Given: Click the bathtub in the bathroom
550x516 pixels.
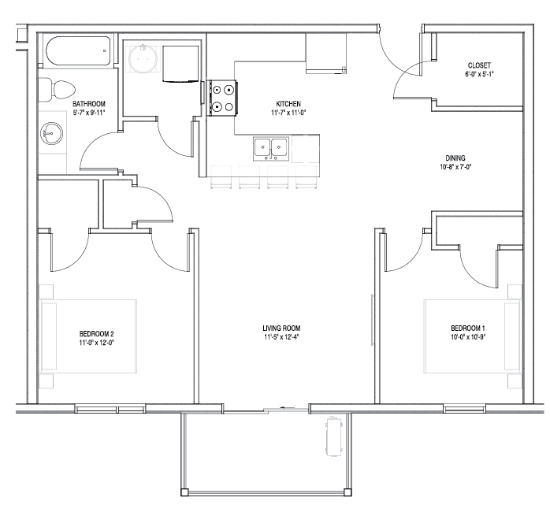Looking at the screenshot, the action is [x=78, y=51].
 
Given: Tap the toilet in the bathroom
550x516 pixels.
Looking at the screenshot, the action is [x=57, y=90].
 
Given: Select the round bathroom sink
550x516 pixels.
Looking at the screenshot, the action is [x=51, y=133].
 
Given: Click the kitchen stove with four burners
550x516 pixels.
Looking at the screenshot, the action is [x=223, y=98].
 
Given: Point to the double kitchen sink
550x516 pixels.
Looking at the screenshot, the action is [x=271, y=149].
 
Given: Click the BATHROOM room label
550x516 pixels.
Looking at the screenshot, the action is [x=89, y=104].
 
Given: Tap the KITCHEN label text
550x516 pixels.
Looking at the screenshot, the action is [x=288, y=104].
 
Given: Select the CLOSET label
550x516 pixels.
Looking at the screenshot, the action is [x=479, y=65].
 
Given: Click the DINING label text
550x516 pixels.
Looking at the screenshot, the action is [x=455, y=158].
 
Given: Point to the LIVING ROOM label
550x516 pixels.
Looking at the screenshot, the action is [x=281, y=329].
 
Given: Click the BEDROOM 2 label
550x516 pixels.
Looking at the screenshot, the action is [x=96, y=334].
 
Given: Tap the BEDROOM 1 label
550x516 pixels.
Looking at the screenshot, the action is [x=468, y=329].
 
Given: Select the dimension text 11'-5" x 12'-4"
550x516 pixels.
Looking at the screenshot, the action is [x=281, y=337].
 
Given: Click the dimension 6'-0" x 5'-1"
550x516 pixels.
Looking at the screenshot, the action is [x=479, y=74].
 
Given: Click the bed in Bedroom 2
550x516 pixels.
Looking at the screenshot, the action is [x=88, y=336].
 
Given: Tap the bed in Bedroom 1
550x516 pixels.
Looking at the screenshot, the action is [x=473, y=336].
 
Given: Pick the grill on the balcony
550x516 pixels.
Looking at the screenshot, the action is [x=333, y=436].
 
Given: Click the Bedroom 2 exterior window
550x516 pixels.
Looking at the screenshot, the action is [x=110, y=409].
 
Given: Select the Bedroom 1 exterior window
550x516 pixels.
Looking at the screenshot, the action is [x=465, y=409].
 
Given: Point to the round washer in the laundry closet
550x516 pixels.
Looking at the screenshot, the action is [x=143, y=59].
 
